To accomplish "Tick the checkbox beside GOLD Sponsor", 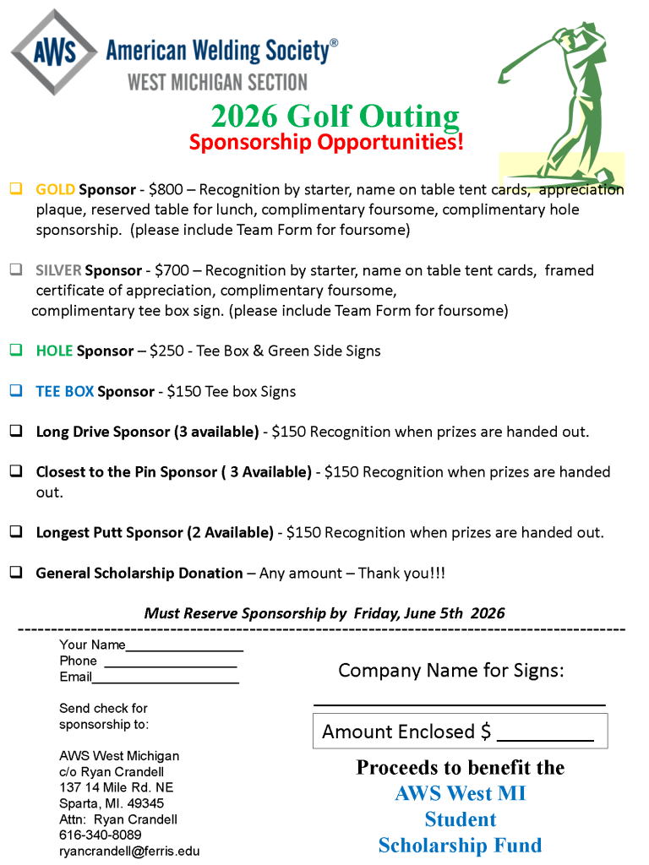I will (x=16, y=189).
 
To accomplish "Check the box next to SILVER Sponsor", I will (x=16, y=270).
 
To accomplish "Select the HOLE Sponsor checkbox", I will (x=16, y=351).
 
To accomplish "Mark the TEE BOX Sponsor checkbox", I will (x=16, y=391).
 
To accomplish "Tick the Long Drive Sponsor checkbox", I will (x=16, y=432).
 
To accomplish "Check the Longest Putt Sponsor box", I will (x=16, y=532).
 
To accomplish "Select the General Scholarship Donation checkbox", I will (x=16, y=573).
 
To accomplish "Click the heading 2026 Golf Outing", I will (x=335, y=116).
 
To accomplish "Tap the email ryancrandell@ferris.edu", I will (x=129, y=851).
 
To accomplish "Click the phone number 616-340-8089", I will (x=100, y=835).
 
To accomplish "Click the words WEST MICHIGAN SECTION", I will (x=217, y=81).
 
